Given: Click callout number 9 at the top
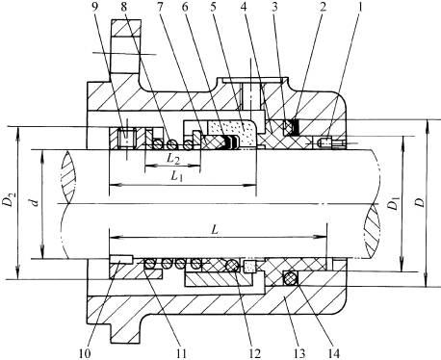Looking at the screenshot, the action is click(x=94, y=7).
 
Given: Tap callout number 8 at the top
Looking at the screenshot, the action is click(x=125, y=7).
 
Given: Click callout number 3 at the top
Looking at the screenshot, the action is click(x=273, y=7).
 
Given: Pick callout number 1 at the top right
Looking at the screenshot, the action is click(x=360, y=7).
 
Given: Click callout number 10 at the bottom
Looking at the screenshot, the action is click(x=85, y=353).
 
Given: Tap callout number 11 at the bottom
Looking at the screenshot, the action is click(x=180, y=353).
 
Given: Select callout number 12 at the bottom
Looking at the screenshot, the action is click(x=254, y=353).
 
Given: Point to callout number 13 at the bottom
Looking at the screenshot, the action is click(x=298, y=353).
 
